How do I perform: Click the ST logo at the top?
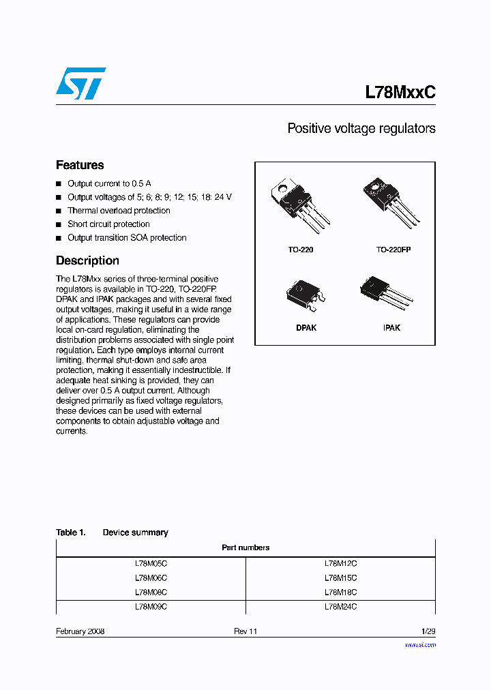(x=80, y=83)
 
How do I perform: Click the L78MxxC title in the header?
(x=400, y=93)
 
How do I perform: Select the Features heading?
(x=80, y=165)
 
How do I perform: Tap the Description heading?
(x=87, y=260)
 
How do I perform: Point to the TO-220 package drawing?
(x=300, y=204)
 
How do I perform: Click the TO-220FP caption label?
(x=393, y=250)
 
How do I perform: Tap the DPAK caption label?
(x=306, y=328)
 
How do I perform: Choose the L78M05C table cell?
(x=151, y=564)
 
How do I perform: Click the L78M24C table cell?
(x=340, y=606)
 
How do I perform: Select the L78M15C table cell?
(x=340, y=578)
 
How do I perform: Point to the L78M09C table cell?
(x=151, y=606)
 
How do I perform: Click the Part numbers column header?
(x=245, y=547)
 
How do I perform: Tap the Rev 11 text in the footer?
(x=245, y=631)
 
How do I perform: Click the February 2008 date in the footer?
(x=80, y=631)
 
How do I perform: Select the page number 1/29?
(x=428, y=631)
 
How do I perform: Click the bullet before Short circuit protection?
(x=59, y=224)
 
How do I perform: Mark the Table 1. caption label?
(x=70, y=532)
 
